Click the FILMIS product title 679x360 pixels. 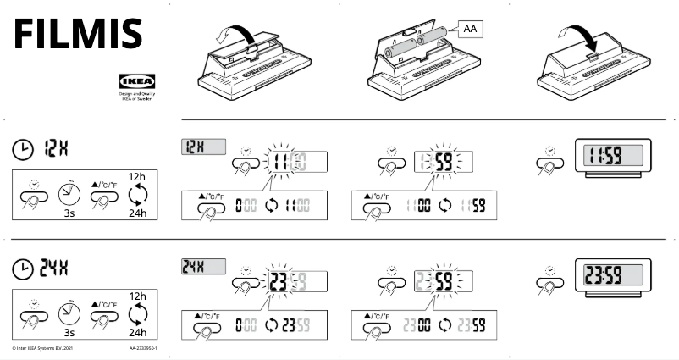click(x=76, y=34)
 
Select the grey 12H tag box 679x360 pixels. click(x=203, y=147)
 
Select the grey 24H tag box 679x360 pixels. click(x=203, y=267)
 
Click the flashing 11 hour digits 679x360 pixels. click(x=277, y=161)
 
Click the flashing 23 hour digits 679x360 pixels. click(x=277, y=281)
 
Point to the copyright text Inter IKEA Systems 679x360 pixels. click(x=38, y=348)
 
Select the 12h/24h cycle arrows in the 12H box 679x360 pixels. click(x=137, y=196)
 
